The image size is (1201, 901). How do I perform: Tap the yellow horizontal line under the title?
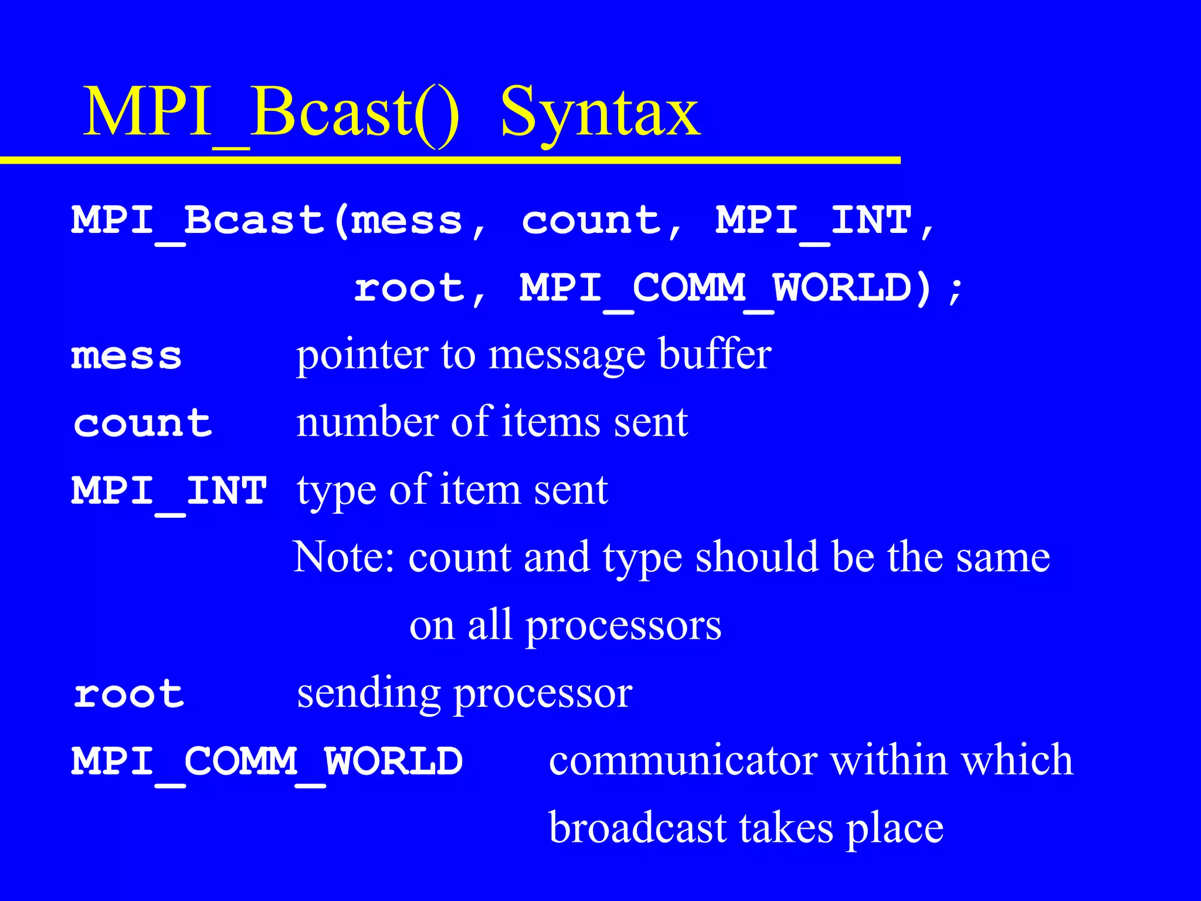pos(450,160)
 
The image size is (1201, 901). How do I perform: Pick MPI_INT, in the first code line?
pos(824,222)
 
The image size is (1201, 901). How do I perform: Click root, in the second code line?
pos(420,289)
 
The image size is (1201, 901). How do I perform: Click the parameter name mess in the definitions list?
pos(127,357)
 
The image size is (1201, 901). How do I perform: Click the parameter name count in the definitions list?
pos(143,424)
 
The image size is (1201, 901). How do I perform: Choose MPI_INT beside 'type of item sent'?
pos(169,491)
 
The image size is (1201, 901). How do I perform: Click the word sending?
pos(368,695)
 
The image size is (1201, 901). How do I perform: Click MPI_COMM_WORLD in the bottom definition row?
pos(267,762)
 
